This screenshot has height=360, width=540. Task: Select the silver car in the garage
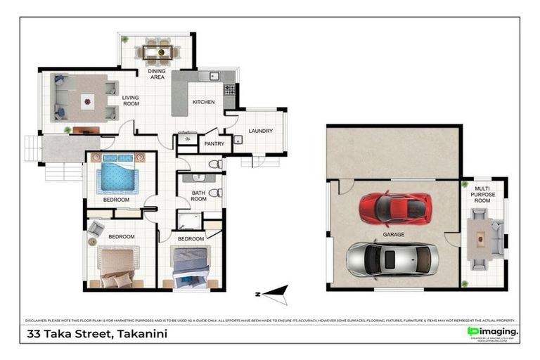click(392, 259)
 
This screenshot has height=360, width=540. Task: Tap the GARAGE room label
click(394, 234)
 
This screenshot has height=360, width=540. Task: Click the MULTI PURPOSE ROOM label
click(482, 195)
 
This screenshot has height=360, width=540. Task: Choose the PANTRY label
click(214, 144)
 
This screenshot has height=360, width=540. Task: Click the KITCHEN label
click(203, 103)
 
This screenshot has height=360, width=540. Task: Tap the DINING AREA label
click(157, 74)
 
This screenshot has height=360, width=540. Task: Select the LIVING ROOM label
click(131, 101)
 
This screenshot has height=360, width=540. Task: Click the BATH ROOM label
click(198, 195)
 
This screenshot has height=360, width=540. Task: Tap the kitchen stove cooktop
click(229, 90)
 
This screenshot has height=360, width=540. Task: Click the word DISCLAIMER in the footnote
click(38, 319)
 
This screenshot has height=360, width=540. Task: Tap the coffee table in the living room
click(87, 102)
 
